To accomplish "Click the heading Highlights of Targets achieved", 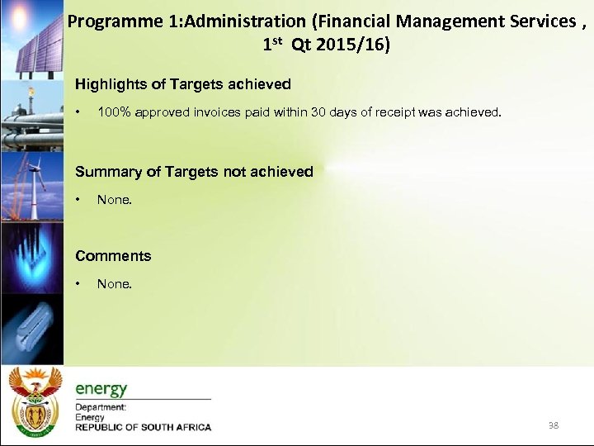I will coord(182,84).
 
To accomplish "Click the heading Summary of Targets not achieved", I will coord(194,172).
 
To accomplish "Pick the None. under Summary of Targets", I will coord(114,200).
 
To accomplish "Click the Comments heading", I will coord(113,256).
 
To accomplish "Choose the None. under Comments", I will coord(114,284).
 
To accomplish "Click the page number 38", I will coord(553,425).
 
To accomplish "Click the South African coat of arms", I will coord(34,401).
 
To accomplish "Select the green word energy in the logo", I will coord(101,388).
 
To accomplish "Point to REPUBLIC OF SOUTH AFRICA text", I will coord(143,428).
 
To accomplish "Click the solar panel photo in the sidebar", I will coord(31,37).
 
